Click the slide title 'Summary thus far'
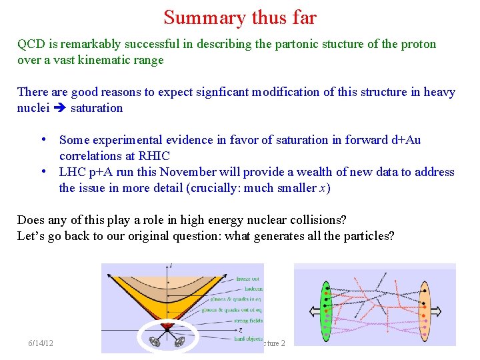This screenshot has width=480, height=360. tap(240, 17)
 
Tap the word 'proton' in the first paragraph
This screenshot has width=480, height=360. tap(417, 44)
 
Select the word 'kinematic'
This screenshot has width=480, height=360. tap(115, 60)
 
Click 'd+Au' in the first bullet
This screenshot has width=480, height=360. tap(406, 140)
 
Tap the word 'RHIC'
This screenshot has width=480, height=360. tap(154, 156)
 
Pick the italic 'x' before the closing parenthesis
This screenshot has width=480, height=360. tap(323, 188)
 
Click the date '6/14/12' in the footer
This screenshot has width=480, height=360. tap(41, 343)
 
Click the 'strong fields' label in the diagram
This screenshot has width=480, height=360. tap(249, 321)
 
